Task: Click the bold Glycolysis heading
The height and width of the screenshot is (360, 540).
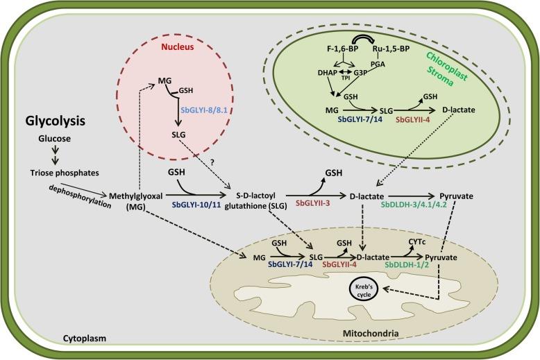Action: [x=55, y=121]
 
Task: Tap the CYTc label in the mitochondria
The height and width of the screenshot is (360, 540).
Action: [x=421, y=238]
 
